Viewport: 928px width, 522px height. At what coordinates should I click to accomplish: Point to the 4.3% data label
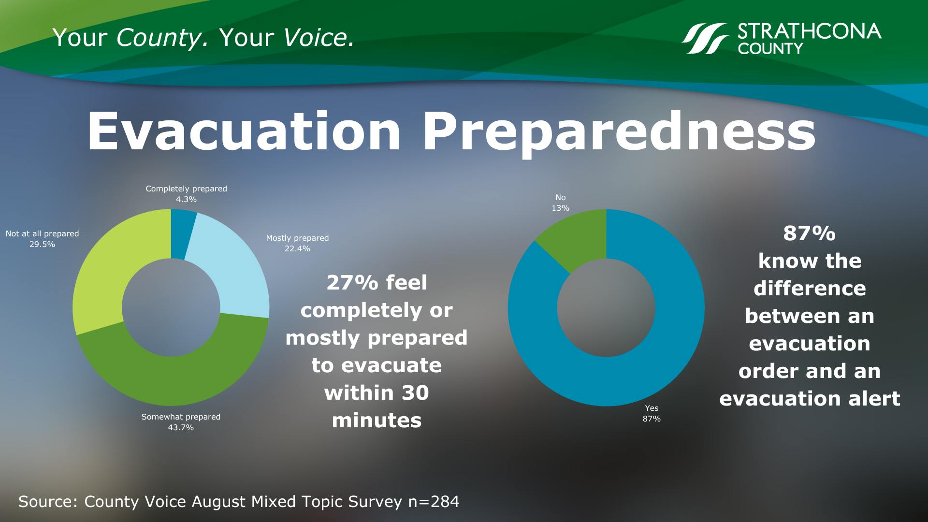(x=186, y=199)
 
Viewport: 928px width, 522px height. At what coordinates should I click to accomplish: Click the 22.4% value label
(x=297, y=248)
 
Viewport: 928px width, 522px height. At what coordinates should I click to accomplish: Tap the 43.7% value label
(x=181, y=427)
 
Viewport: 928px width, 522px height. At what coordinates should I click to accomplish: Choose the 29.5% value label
(x=42, y=244)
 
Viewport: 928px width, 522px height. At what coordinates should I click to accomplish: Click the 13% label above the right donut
(x=561, y=208)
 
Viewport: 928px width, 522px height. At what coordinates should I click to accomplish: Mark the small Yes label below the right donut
(x=652, y=408)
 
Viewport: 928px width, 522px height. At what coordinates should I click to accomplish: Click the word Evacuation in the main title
(x=244, y=131)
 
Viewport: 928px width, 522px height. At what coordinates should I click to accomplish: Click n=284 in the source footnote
(x=434, y=501)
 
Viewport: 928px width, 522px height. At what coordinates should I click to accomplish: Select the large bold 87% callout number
(x=810, y=233)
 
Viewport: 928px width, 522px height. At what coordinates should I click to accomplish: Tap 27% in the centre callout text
(x=346, y=282)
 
